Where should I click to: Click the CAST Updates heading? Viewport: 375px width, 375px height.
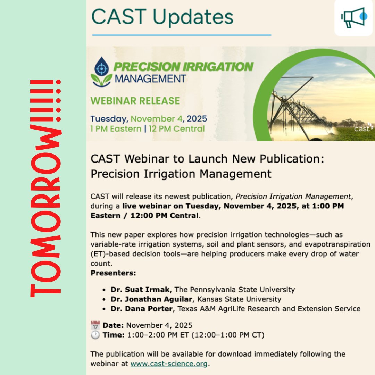pos(162,17)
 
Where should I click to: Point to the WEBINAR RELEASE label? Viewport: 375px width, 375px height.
pos(135,101)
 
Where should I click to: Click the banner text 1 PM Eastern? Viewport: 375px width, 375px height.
pos(116,129)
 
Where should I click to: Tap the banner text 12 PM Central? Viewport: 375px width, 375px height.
pos(177,129)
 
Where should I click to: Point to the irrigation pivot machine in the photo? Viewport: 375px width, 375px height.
pos(299,108)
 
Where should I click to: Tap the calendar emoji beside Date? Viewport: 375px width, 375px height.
pos(95,325)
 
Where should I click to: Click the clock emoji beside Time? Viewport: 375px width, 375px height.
pos(95,335)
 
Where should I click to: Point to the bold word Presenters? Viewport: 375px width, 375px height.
pos(113,273)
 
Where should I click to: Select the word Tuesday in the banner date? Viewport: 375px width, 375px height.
pos(109,119)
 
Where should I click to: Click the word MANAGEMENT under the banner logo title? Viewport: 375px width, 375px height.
pos(150,78)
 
